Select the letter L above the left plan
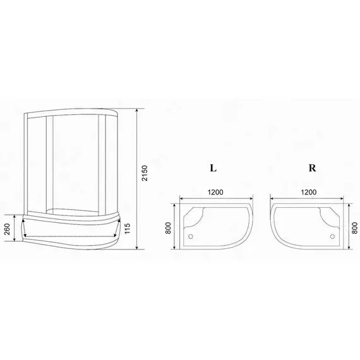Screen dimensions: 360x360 click(213, 169)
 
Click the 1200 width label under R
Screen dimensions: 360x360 click(309, 193)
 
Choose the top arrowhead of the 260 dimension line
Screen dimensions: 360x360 click(15, 215)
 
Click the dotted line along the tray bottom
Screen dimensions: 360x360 click(69, 238)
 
